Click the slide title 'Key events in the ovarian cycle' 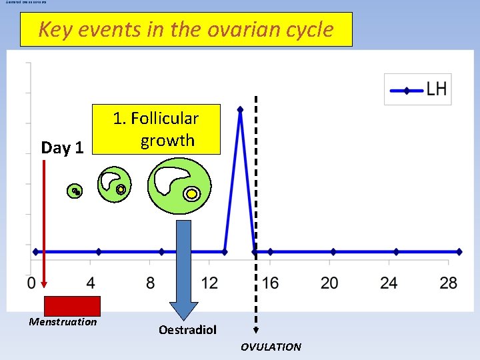[x=186, y=29]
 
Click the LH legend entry [x=418, y=89]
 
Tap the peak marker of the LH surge [x=240, y=109]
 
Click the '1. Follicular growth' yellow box [x=157, y=129]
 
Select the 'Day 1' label [x=62, y=147]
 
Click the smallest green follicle [x=77, y=192]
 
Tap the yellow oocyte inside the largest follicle [x=192, y=194]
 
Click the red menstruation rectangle [x=72, y=305]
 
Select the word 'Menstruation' [x=63, y=322]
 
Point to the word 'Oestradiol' [x=187, y=330]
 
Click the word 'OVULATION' [x=271, y=347]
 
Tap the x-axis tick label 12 [x=209, y=283]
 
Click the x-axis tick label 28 [x=449, y=283]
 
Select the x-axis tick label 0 [x=31, y=283]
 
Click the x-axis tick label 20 [x=329, y=283]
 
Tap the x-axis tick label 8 [x=151, y=283]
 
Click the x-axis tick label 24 [x=389, y=283]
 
